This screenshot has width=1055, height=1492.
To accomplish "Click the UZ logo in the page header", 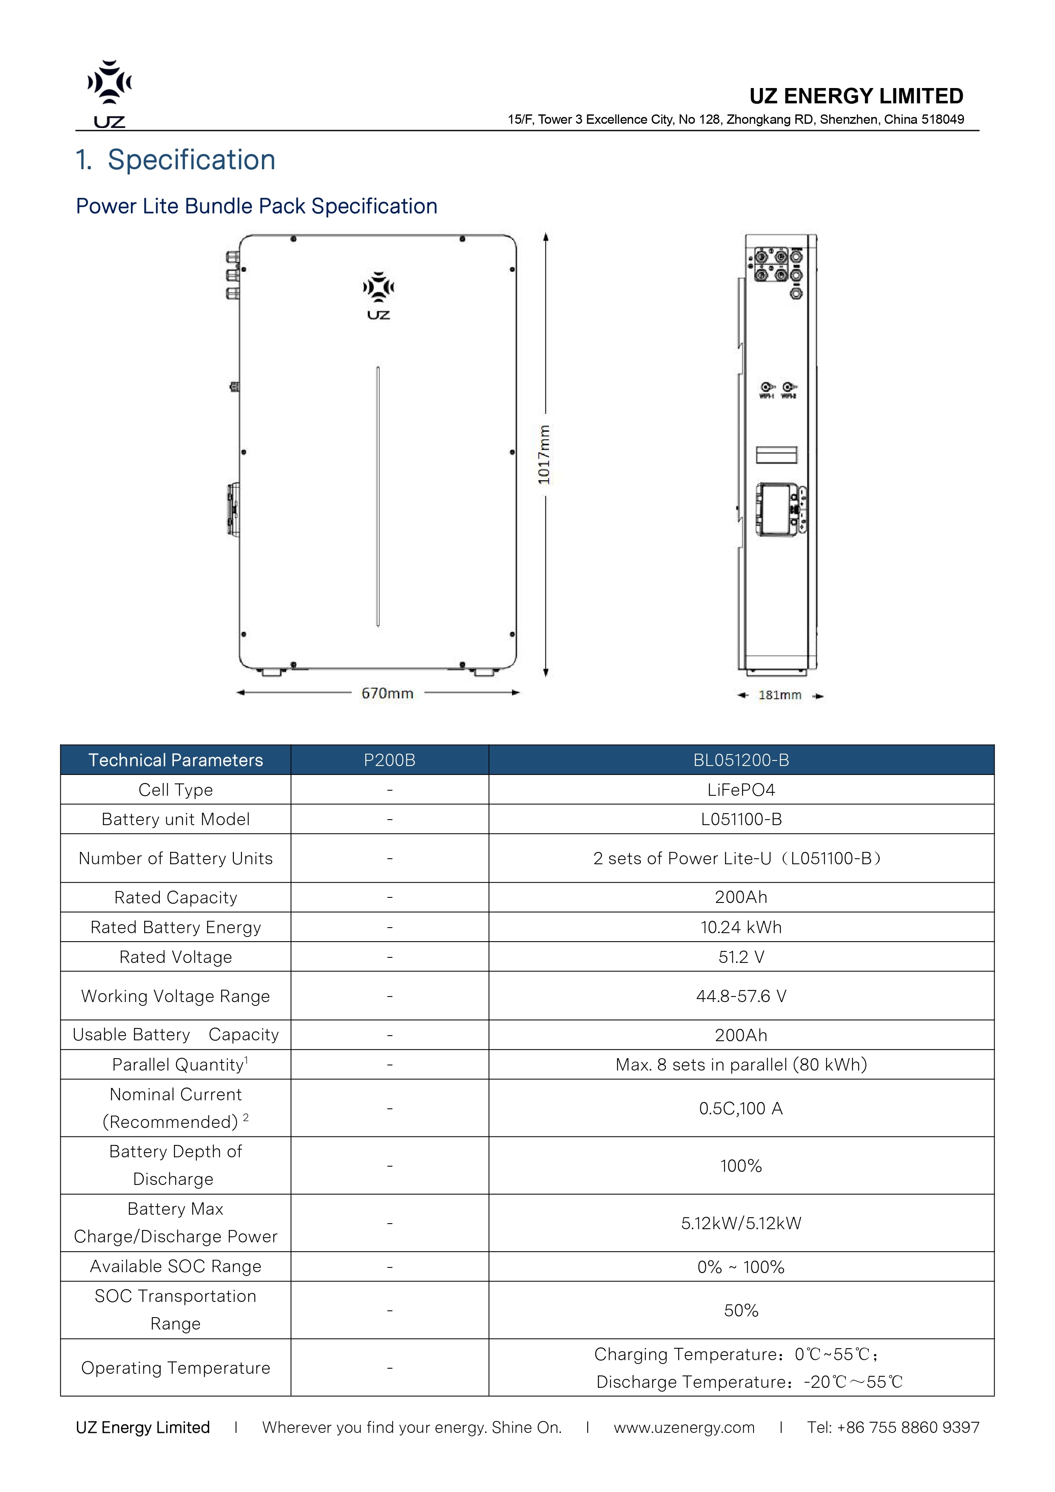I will [x=109, y=94].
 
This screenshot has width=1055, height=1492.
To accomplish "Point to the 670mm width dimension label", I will [x=387, y=693].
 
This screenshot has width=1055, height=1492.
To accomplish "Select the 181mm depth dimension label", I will [x=779, y=695].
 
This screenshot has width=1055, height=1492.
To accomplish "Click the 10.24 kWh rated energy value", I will [x=741, y=927].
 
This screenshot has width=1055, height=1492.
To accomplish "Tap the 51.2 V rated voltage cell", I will [x=741, y=957].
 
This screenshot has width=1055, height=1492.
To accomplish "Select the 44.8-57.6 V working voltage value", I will [x=741, y=996].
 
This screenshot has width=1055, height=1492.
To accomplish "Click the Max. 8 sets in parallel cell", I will [x=741, y=1065].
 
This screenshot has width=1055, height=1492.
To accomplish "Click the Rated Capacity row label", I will [x=175, y=897].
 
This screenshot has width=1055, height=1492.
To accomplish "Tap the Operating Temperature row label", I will [x=175, y=1367].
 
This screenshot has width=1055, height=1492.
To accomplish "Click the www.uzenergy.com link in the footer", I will [x=684, y=1428].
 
